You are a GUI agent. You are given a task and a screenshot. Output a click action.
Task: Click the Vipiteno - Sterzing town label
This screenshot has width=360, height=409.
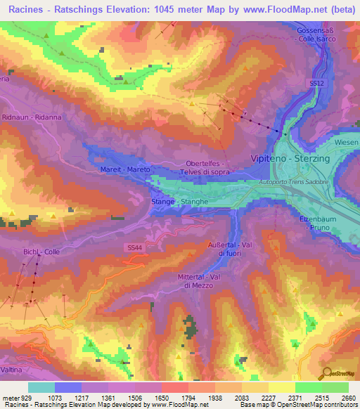click(x=290, y=159)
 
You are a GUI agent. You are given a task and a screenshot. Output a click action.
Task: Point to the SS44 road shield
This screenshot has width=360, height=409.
click(x=135, y=247)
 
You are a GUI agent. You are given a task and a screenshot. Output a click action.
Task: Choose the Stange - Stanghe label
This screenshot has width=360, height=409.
click(x=179, y=202)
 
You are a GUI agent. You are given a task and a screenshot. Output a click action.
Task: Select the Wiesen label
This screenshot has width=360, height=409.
click(x=347, y=143)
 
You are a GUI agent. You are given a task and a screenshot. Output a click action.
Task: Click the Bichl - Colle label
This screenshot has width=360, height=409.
click(x=42, y=252)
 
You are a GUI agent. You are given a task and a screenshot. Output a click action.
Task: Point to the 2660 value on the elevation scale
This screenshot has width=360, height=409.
click(x=347, y=397)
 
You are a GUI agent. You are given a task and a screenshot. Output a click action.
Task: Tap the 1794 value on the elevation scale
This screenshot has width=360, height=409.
click(x=188, y=397)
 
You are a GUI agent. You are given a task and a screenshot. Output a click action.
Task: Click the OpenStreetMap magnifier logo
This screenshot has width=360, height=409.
click(x=326, y=375)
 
